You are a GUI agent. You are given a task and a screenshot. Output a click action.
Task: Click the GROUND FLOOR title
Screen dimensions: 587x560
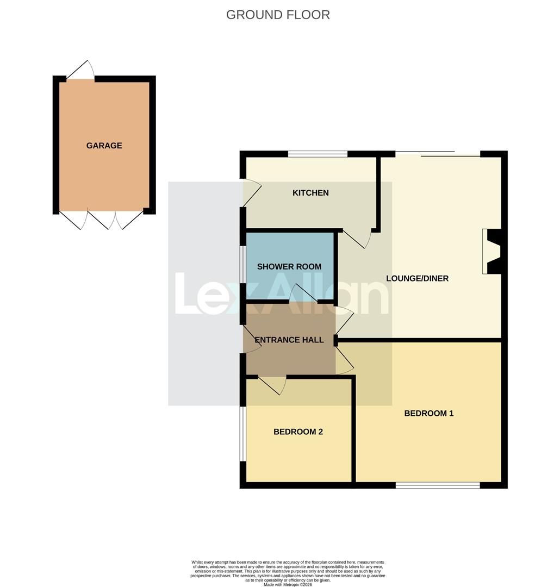tap(278, 15)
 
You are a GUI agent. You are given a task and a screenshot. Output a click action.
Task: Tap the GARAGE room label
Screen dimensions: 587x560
tap(104, 146)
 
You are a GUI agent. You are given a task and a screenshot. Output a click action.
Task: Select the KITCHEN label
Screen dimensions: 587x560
tap(310, 193)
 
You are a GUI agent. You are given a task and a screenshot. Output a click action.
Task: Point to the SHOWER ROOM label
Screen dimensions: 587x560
tap(289, 266)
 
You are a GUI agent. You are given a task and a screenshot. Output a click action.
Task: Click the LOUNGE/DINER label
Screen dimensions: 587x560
tap(417, 278)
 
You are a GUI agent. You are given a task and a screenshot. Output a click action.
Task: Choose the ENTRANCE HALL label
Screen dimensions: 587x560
tap(289, 340)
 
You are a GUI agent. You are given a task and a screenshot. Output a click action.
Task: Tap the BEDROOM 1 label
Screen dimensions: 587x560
tap(428, 413)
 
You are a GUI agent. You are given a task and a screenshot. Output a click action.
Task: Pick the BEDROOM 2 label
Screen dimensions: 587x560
tap(298, 432)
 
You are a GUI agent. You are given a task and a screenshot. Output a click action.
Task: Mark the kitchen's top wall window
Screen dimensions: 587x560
tap(318, 154)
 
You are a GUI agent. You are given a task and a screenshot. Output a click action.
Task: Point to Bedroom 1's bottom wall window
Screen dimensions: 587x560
tap(438, 485)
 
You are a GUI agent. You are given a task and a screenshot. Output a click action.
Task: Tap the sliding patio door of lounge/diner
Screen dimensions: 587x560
tap(438, 154)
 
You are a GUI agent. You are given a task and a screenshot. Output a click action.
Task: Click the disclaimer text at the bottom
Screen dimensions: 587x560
tap(288, 573)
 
